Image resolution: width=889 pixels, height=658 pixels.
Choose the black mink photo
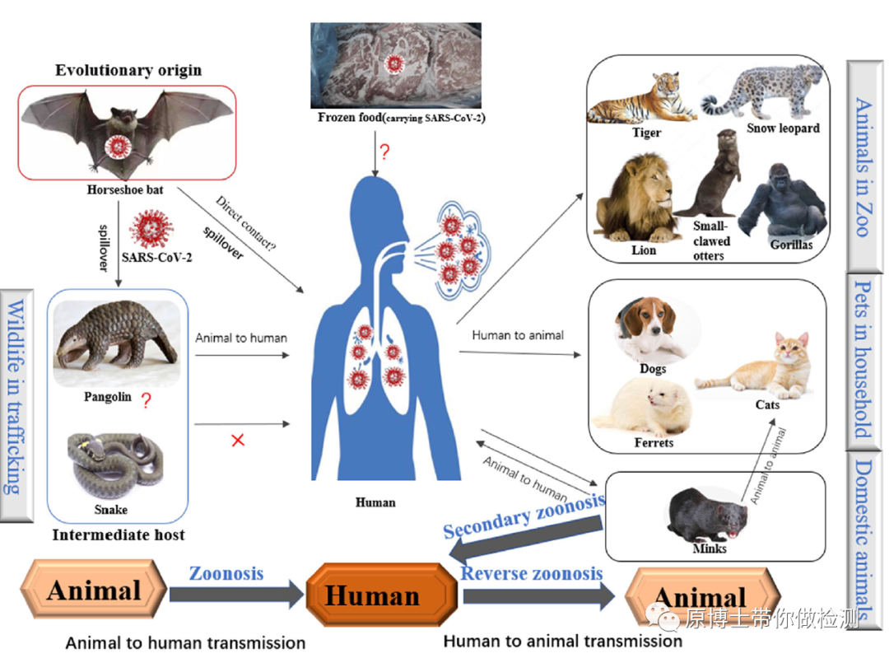(708, 515)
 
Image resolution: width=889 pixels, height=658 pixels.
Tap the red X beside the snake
(238, 441)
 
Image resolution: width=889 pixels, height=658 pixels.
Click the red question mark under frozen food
(384, 152)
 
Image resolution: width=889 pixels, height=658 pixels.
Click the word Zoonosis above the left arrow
(226, 572)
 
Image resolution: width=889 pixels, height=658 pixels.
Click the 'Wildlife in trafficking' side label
(16, 395)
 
